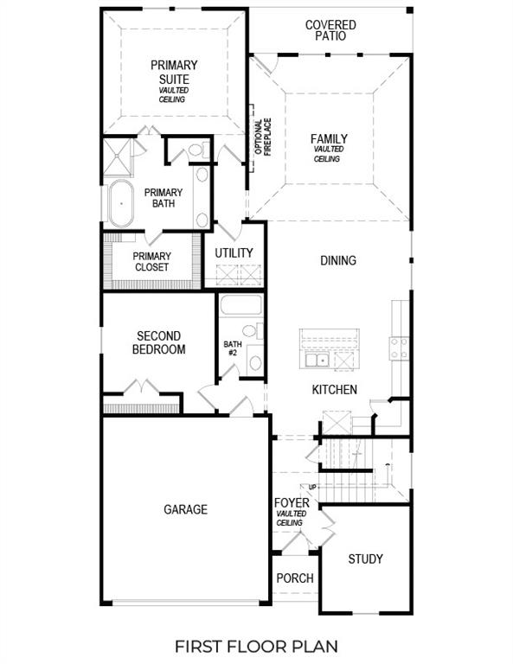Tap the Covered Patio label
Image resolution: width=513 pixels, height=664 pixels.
pyautogui.click(x=330, y=30)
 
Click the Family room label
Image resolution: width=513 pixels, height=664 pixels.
pyautogui.click(x=329, y=139)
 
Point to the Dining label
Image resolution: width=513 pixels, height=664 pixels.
pyautogui.click(x=337, y=260)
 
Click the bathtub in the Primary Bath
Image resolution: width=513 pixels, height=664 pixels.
pyautogui.click(x=122, y=206)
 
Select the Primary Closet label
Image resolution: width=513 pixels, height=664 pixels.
pyautogui.click(x=151, y=261)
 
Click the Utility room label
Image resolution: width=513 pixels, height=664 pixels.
pyautogui.click(x=234, y=252)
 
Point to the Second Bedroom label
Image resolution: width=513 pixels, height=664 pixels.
pyautogui.click(x=158, y=342)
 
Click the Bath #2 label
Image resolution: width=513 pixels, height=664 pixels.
pyautogui.click(x=231, y=348)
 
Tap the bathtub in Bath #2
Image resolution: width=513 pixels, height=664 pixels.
pyautogui.click(x=240, y=306)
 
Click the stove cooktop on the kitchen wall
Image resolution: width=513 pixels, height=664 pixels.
pyautogui.click(x=399, y=348)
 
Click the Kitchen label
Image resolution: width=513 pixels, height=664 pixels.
pyautogui.click(x=335, y=390)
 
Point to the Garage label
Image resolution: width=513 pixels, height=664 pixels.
pyautogui.click(x=185, y=509)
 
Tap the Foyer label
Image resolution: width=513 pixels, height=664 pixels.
pyautogui.click(x=292, y=503)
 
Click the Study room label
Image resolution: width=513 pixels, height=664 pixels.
pyautogui.click(x=365, y=559)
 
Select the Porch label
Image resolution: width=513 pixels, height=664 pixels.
pyautogui.click(x=294, y=578)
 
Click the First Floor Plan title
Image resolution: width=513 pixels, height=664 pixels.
pyautogui.click(x=256, y=645)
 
